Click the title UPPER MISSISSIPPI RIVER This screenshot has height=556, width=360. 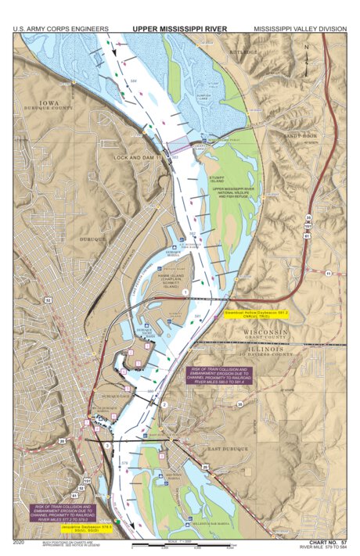[179, 28]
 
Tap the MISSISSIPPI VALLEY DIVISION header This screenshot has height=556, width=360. [300, 29]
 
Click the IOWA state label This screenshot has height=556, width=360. [48, 102]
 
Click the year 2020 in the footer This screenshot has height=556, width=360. [20, 541]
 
